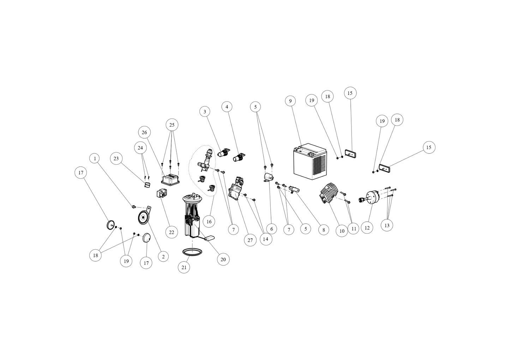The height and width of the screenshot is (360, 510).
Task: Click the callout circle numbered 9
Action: click(290, 101)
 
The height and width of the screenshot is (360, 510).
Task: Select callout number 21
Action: click(184, 267)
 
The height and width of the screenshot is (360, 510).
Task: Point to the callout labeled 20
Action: click(223, 260)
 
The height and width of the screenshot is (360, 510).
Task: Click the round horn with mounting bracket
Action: click(143, 218)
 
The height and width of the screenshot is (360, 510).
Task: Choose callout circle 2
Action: click(163, 257)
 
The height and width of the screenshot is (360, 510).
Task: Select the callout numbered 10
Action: click(342, 231)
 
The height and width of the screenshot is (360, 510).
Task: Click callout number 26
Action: click(144, 133)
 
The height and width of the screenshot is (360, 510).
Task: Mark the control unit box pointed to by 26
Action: click(170, 180)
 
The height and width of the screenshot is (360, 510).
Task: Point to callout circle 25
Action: click(172, 125)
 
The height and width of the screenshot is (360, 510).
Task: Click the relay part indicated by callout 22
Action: click(162, 194)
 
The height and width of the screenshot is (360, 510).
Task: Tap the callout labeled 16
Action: click(209, 221)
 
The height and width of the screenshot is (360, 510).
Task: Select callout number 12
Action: click(367, 228)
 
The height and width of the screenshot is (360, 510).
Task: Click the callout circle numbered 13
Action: click(387, 225)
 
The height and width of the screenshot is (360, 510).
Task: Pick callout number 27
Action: click(250, 240)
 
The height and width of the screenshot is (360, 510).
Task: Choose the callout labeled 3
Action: click(205, 112)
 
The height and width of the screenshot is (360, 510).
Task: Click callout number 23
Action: click(116, 159)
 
